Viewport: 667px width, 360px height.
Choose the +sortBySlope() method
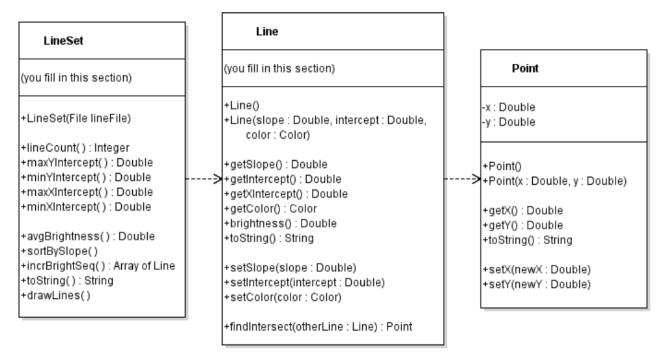pos(59,251)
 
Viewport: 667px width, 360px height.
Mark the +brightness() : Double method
pos(280,223)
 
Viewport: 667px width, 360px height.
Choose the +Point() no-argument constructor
pos(500,166)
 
